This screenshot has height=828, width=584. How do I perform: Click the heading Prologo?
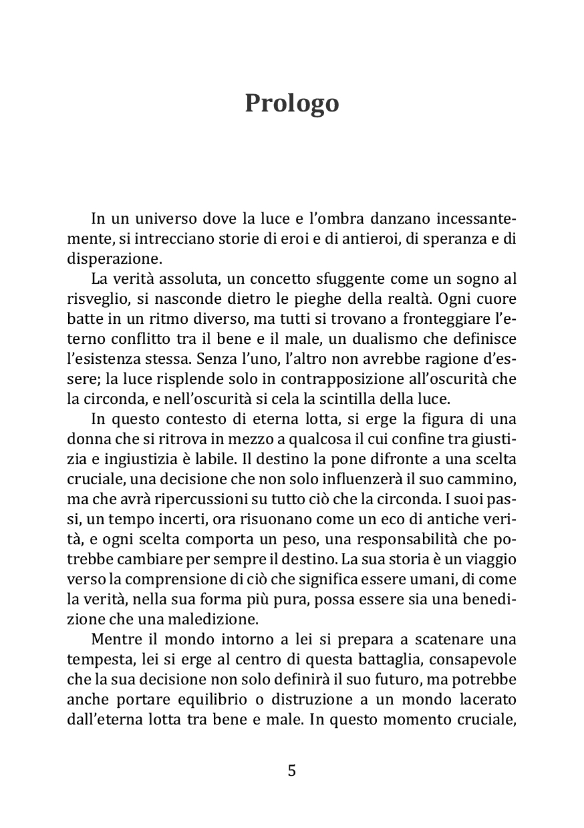pyautogui.click(x=292, y=103)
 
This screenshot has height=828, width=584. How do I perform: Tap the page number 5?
pyautogui.click(x=291, y=771)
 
